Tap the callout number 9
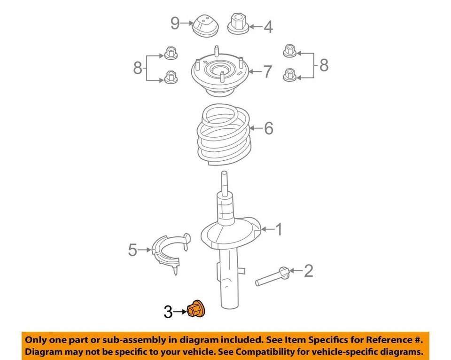tap(175, 23)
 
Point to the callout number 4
tap(268, 27)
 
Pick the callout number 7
tap(267, 72)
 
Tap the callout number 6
tap(268, 128)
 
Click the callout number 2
tap(308, 271)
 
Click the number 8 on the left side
tap(138, 69)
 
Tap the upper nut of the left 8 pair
tap(171, 53)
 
